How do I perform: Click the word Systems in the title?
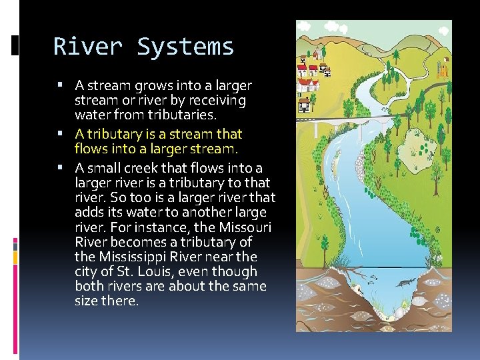tap(185, 47)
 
